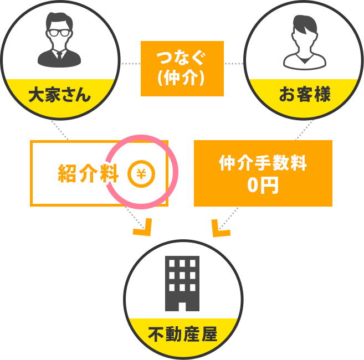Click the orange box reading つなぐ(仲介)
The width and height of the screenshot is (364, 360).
[182, 68]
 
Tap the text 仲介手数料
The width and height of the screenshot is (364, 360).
[263, 164]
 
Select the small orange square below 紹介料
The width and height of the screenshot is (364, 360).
[142, 227]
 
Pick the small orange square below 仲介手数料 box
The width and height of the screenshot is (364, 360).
[221, 227]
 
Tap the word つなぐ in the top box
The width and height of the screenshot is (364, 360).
[182, 58]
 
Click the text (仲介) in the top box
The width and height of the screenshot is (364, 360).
[182, 78]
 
